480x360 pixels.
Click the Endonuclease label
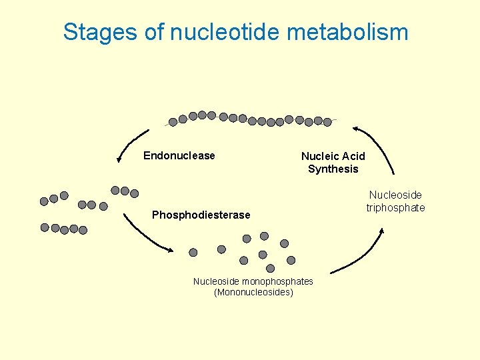[x=179, y=156]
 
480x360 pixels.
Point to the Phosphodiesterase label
[x=201, y=215]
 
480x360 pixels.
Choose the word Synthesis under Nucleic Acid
[x=333, y=169]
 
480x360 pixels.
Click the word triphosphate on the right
[x=395, y=208]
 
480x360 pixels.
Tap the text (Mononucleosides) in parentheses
[x=253, y=293]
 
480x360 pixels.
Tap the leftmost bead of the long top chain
[x=173, y=122]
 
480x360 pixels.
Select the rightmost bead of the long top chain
[x=328, y=122]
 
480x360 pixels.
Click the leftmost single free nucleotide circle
[x=193, y=253]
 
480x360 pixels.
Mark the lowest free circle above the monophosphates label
[x=270, y=268]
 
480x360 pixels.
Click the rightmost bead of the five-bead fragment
[x=83, y=230]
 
